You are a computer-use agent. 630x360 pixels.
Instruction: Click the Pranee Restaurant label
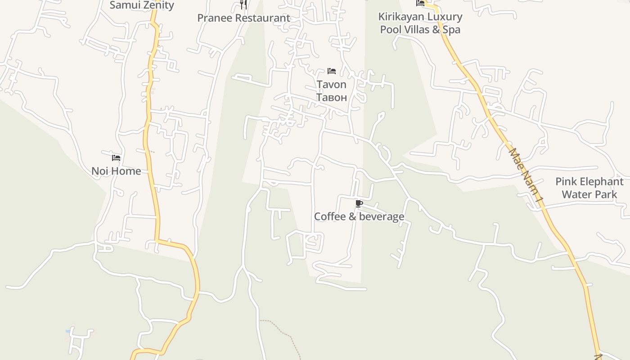243,18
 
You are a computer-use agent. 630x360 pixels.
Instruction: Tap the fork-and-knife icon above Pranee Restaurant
243,4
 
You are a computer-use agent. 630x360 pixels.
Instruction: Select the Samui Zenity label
142,5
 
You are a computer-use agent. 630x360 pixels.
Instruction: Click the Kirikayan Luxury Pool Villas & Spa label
420,23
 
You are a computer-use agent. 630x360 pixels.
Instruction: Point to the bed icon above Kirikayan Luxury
420,3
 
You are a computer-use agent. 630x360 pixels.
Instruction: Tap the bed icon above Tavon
332,71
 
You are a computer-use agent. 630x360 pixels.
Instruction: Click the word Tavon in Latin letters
332,85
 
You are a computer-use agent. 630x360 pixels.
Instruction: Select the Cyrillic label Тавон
332,97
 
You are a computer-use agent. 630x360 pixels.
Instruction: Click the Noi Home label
116,171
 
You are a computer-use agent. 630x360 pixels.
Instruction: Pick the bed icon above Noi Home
116,158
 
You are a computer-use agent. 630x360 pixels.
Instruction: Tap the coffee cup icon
359,204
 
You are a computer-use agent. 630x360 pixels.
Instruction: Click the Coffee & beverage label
359,216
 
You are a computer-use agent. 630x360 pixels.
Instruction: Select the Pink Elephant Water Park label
589,188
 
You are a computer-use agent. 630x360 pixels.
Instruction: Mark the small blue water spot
68,331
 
